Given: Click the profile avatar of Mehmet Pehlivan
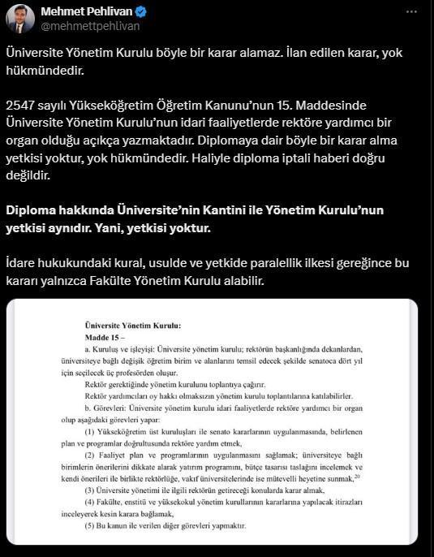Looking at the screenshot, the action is coord(19,19).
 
